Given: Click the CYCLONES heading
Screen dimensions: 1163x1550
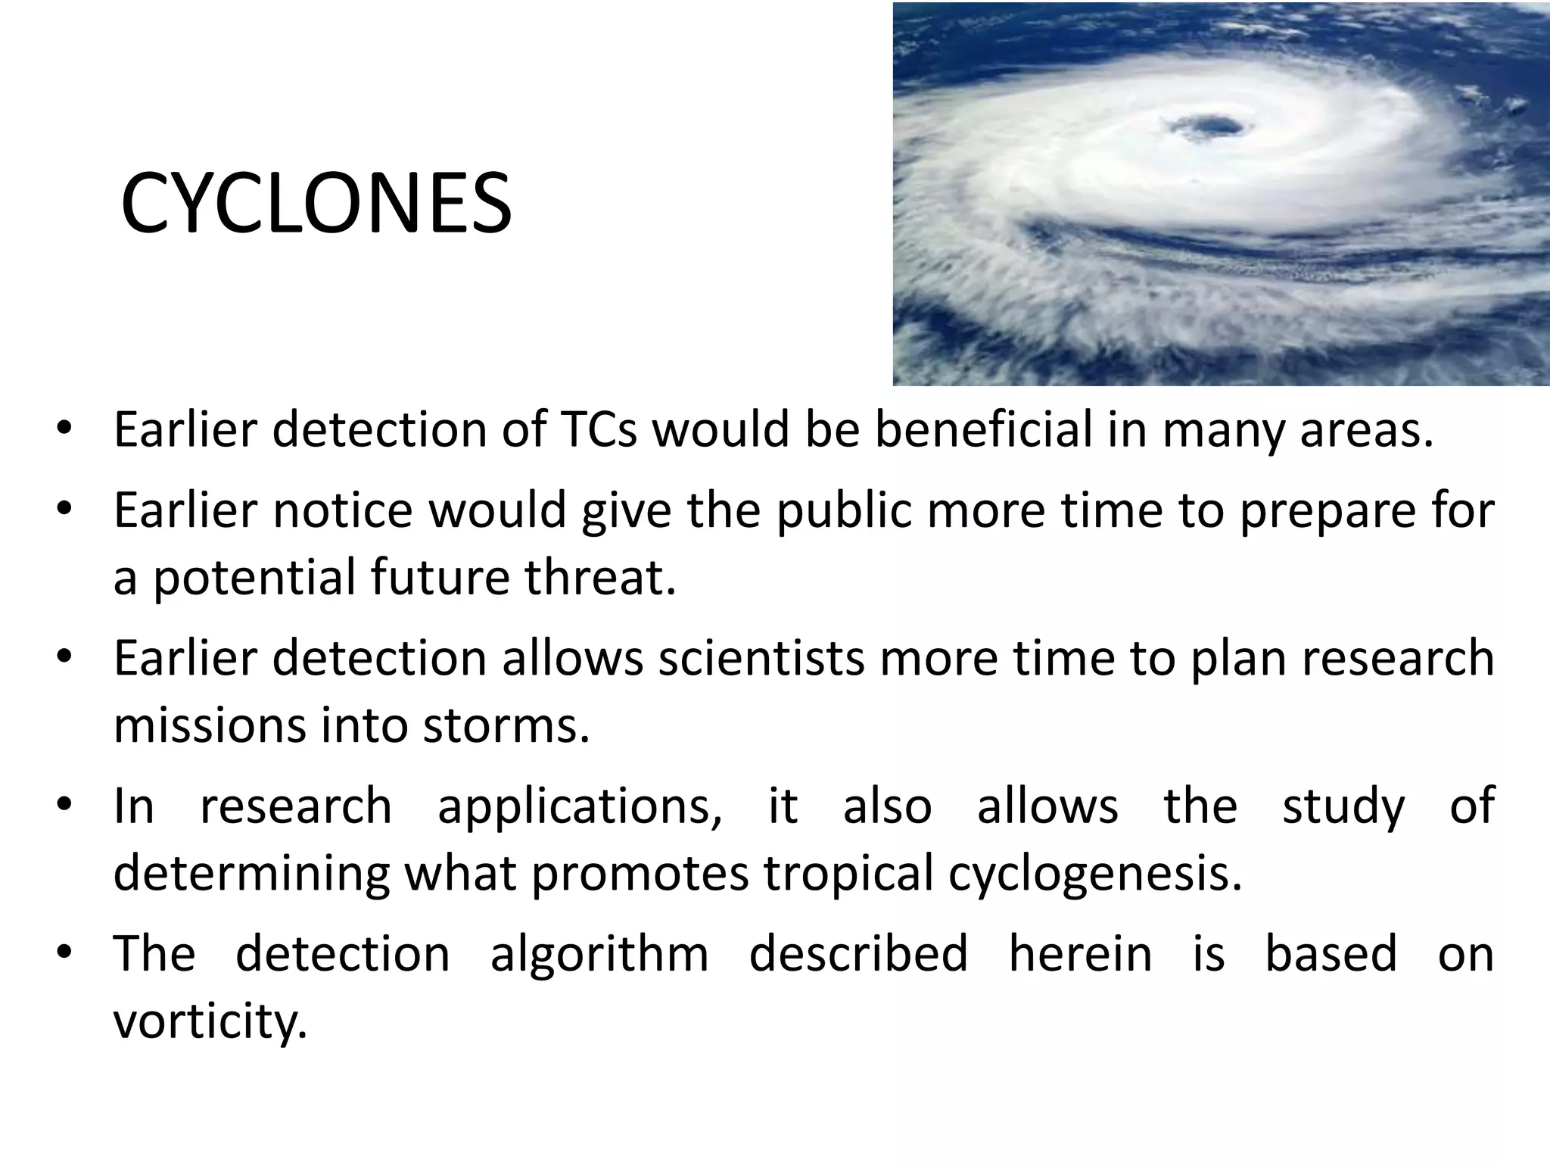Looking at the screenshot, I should click(316, 204).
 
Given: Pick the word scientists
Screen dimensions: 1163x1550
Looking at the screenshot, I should click(761, 657).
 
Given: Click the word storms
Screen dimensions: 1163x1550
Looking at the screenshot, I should click(506, 725).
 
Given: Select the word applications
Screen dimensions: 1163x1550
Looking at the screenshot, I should click(580, 806).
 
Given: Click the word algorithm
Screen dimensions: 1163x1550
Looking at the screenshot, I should click(599, 953).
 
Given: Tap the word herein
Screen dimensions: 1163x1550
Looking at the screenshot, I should click(1081, 953).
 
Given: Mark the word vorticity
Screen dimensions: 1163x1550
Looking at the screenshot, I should click(210, 1021).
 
